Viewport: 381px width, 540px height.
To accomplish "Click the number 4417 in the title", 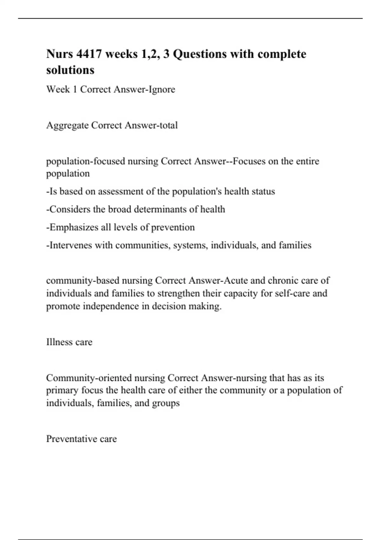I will (x=89, y=54).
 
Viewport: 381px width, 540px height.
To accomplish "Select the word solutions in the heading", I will (x=70, y=70).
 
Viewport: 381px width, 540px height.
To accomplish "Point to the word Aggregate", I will (x=67, y=125).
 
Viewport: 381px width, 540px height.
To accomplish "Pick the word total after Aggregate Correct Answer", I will (x=168, y=125).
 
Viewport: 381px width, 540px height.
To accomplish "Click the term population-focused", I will (x=85, y=161).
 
